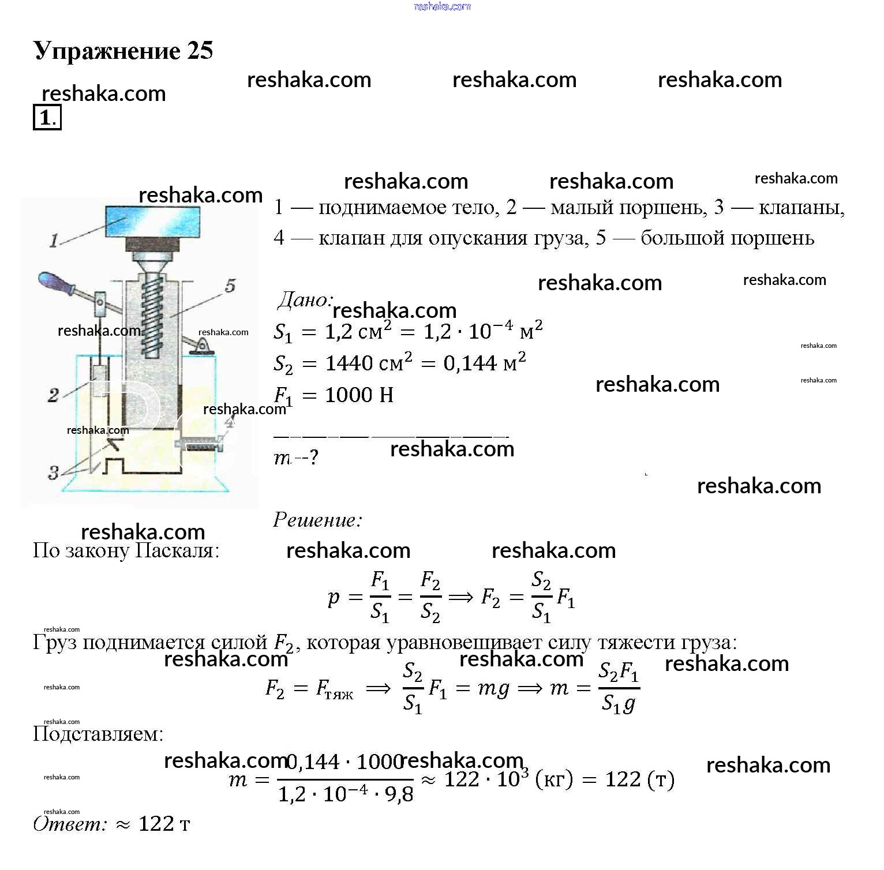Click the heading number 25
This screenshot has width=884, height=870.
(200, 51)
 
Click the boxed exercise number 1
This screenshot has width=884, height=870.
(46, 118)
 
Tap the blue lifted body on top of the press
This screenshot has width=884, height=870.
(153, 221)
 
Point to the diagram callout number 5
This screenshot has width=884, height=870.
(230, 285)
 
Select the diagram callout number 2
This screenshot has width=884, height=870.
(53, 395)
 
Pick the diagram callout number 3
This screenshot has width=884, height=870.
(53, 473)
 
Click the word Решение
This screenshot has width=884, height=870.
(317, 520)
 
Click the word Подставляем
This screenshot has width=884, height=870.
(98, 734)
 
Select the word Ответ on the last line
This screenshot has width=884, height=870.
(70, 824)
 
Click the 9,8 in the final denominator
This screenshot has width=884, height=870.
(399, 794)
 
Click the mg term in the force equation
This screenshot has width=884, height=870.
(493, 688)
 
